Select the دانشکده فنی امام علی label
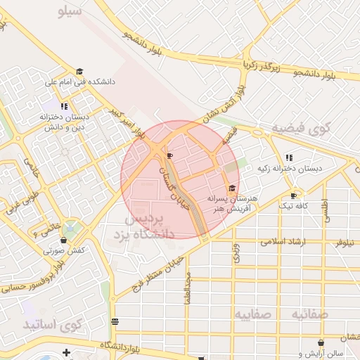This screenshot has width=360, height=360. tap(79, 82)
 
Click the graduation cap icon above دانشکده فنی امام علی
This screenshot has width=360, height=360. tap(79, 72)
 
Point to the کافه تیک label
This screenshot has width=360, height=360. tap(294, 205)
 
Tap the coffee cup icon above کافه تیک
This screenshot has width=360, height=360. tap(294, 195)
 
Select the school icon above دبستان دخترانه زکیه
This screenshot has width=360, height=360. tap(288, 157)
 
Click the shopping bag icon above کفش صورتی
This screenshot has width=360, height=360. tap(64, 240)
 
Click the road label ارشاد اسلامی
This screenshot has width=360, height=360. tap(283, 241)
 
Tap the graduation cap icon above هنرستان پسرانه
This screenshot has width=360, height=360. tap(233, 187)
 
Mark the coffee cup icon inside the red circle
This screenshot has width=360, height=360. tap(169, 155)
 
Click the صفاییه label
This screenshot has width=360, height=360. tap(253, 313)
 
